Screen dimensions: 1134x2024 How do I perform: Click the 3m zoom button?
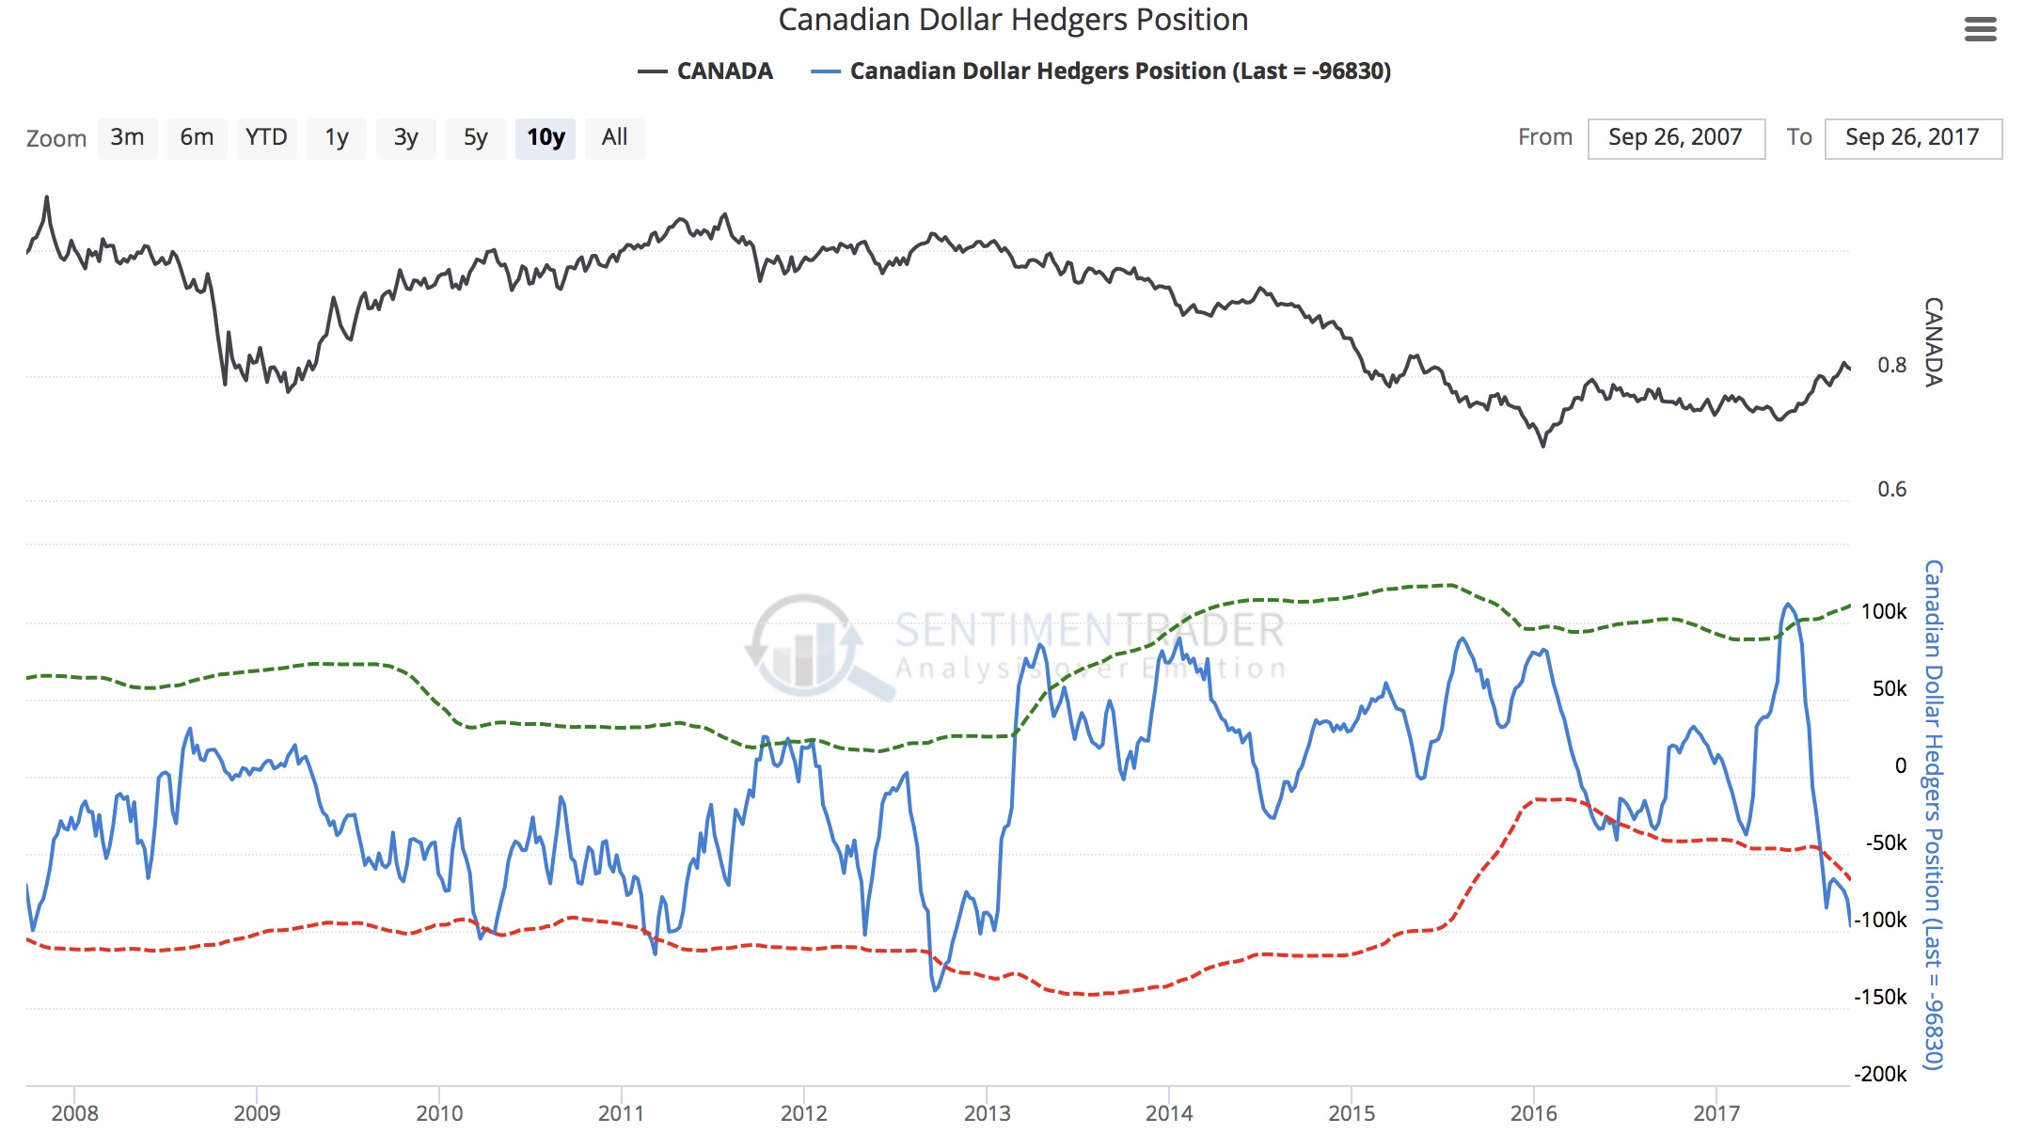(127, 138)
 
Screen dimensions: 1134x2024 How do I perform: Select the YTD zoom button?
(266, 138)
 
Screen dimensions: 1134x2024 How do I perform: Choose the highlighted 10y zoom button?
(546, 138)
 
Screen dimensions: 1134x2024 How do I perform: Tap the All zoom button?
(614, 138)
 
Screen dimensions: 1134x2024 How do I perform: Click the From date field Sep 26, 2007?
(1675, 138)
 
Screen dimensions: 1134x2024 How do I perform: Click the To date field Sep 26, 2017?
(1912, 138)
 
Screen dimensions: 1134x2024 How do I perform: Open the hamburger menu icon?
(1980, 30)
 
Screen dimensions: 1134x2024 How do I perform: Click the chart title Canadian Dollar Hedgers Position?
(1013, 20)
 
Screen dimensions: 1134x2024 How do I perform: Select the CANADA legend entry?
(705, 71)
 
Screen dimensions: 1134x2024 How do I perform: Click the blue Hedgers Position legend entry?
(1100, 71)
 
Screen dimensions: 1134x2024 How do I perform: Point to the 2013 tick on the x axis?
(987, 1113)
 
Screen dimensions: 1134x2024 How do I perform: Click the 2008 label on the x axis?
(74, 1113)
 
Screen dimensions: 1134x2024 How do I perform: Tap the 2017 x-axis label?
(1716, 1113)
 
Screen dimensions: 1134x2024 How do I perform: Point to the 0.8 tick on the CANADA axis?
(1891, 365)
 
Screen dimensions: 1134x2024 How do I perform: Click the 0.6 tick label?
(1891, 489)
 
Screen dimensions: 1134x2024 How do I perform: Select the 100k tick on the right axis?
(1884, 611)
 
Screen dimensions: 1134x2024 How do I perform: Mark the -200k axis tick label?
(1880, 1074)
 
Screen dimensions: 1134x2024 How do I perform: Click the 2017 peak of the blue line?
(1787, 605)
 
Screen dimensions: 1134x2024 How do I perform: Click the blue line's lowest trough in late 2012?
(935, 989)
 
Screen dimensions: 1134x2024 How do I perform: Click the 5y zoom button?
(475, 138)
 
